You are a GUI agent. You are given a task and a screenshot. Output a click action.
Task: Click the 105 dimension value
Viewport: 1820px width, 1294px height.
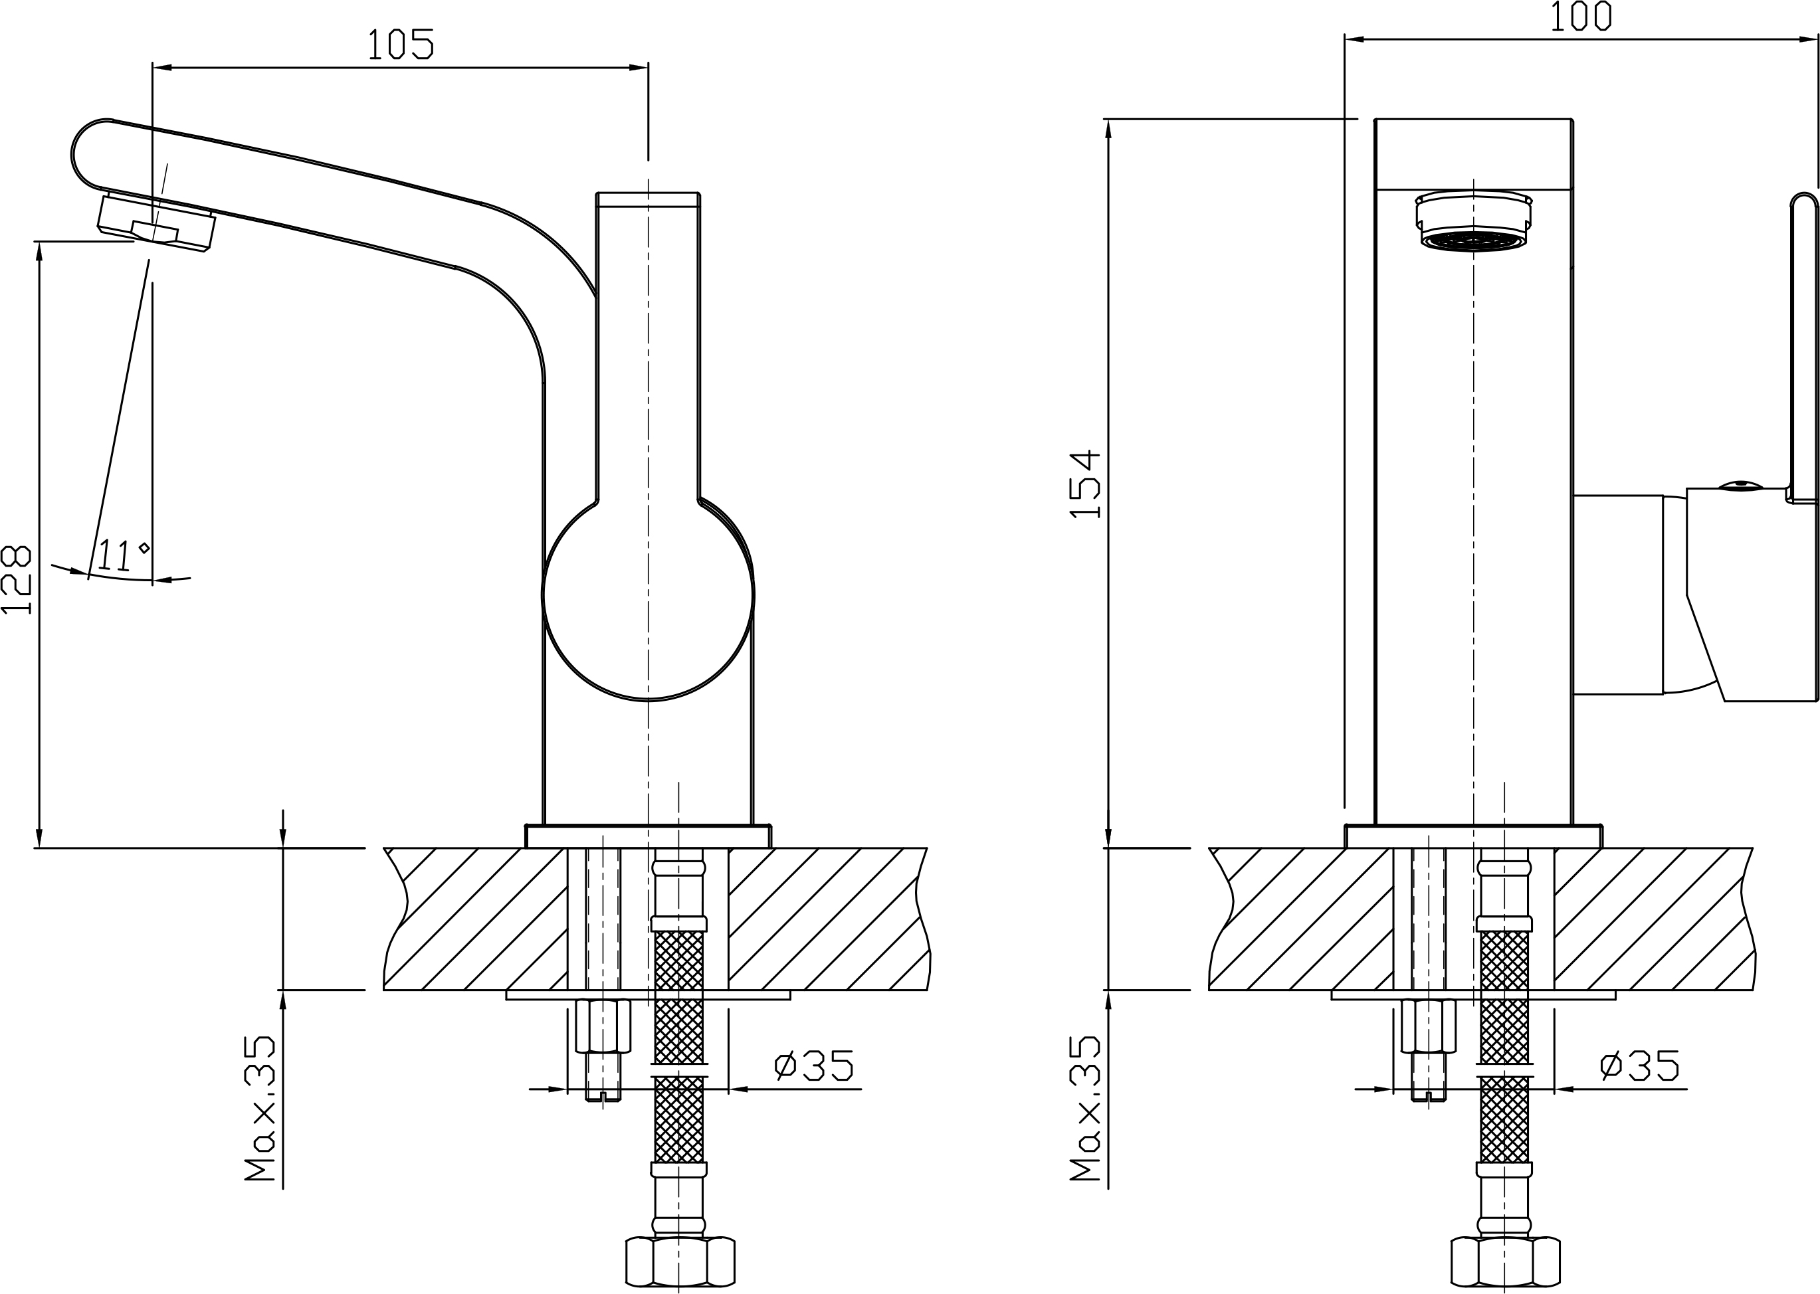click(x=401, y=45)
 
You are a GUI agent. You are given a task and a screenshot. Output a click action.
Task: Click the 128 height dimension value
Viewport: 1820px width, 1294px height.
click(x=17, y=579)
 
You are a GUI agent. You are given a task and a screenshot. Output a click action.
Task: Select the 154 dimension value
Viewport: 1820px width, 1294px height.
click(x=1084, y=484)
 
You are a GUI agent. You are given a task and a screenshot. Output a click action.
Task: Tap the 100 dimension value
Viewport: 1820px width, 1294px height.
click(x=1581, y=16)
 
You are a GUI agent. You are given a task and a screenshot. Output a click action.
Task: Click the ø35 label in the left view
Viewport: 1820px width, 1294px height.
click(x=815, y=1065)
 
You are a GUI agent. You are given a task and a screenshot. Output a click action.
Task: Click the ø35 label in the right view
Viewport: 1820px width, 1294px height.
click(x=1640, y=1065)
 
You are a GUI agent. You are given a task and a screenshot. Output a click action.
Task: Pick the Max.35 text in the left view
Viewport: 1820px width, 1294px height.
click(x=260, y=1109)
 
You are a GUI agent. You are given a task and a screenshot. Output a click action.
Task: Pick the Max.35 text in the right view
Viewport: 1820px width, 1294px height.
click(x=1085, y=1109)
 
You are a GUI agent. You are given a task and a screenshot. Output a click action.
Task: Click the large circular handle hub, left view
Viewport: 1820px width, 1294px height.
click(x=648, y=595)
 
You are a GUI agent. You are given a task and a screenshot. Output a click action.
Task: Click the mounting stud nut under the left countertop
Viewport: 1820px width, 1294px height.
click(x=603, y=1026)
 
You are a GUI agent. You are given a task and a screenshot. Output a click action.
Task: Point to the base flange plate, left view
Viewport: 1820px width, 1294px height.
click(x=648, y=836)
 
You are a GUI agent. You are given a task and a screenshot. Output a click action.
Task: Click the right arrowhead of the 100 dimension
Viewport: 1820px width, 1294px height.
click(x=1809, y=39)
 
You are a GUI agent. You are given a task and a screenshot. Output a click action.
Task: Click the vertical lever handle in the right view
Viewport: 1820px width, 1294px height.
click(x=1804, y=348)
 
